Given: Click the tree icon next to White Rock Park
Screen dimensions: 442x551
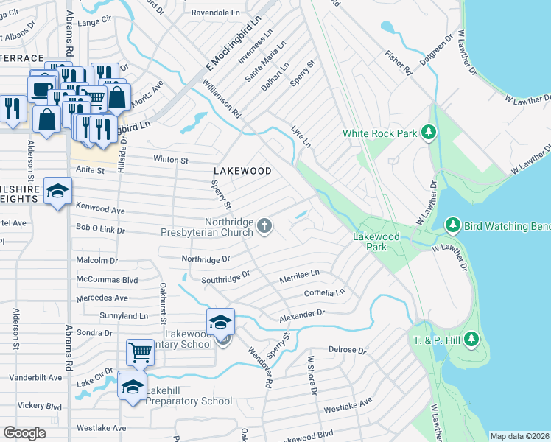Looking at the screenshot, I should (429, 133).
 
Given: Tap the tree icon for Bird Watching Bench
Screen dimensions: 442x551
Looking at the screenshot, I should (454, 224).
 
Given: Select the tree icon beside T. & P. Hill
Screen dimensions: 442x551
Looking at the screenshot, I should (471, 338).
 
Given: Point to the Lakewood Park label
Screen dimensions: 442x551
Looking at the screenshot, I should (376, 242).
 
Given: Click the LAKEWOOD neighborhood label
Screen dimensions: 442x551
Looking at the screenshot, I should (243, 171).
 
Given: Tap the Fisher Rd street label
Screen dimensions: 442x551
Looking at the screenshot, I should (396, 63).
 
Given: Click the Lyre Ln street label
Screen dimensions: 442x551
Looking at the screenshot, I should (301, 136).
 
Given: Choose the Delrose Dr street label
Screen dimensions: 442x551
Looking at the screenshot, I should (347, 350).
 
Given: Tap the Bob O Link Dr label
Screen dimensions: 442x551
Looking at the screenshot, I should (96, 231).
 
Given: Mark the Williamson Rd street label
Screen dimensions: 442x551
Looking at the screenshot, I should (222, 100).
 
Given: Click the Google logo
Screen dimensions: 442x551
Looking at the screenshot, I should (24, 433).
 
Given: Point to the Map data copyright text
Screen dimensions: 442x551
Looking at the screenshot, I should (519, 436).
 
